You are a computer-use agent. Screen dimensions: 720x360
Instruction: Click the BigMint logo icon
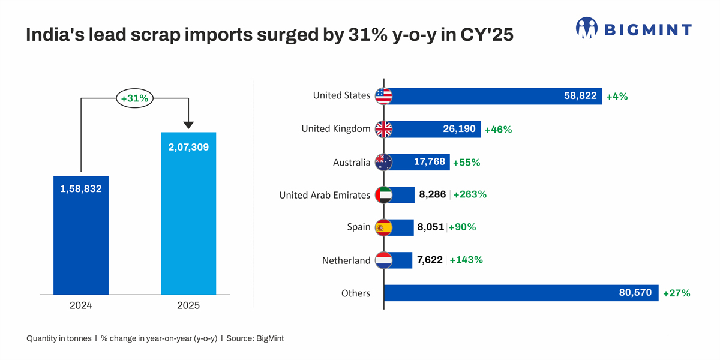tap(587, 28)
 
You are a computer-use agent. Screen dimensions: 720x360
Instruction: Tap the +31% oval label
tap(135, 98)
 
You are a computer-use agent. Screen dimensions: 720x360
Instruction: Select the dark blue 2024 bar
tap(81, 240)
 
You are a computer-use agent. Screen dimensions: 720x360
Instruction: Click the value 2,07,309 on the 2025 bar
tap(188, 146)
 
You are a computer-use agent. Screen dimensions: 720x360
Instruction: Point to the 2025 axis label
tap(188, 305)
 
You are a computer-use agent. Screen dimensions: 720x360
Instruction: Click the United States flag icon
tap(383, 96)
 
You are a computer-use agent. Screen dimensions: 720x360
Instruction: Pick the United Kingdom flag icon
tap(383, 129)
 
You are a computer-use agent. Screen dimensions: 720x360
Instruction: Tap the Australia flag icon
tap(383, 162)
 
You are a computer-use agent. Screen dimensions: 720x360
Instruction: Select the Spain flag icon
tap(383, 227)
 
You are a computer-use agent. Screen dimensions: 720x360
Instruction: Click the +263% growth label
tap(470, 194)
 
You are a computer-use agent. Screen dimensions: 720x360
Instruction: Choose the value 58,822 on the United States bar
tap(580, 96)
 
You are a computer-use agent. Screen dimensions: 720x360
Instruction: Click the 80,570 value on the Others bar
tap(635, 293)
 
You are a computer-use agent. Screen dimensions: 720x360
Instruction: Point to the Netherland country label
tap(346, 260)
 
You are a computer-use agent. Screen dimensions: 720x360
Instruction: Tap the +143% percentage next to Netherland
tap(466, 260)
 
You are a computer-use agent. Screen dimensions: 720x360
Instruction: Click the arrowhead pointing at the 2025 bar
tap(188, 125)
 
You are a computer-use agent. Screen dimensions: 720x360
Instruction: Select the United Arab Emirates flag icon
tap(383, 195)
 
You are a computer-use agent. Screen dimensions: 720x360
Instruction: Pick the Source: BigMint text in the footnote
tap(255, 338)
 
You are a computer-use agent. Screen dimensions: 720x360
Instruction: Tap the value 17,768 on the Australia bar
tap(430, 162)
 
